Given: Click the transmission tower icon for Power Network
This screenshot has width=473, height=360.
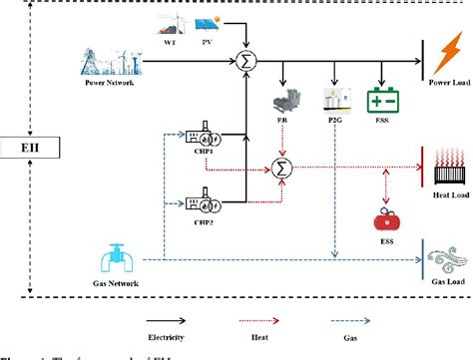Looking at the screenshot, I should coord(107,60).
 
